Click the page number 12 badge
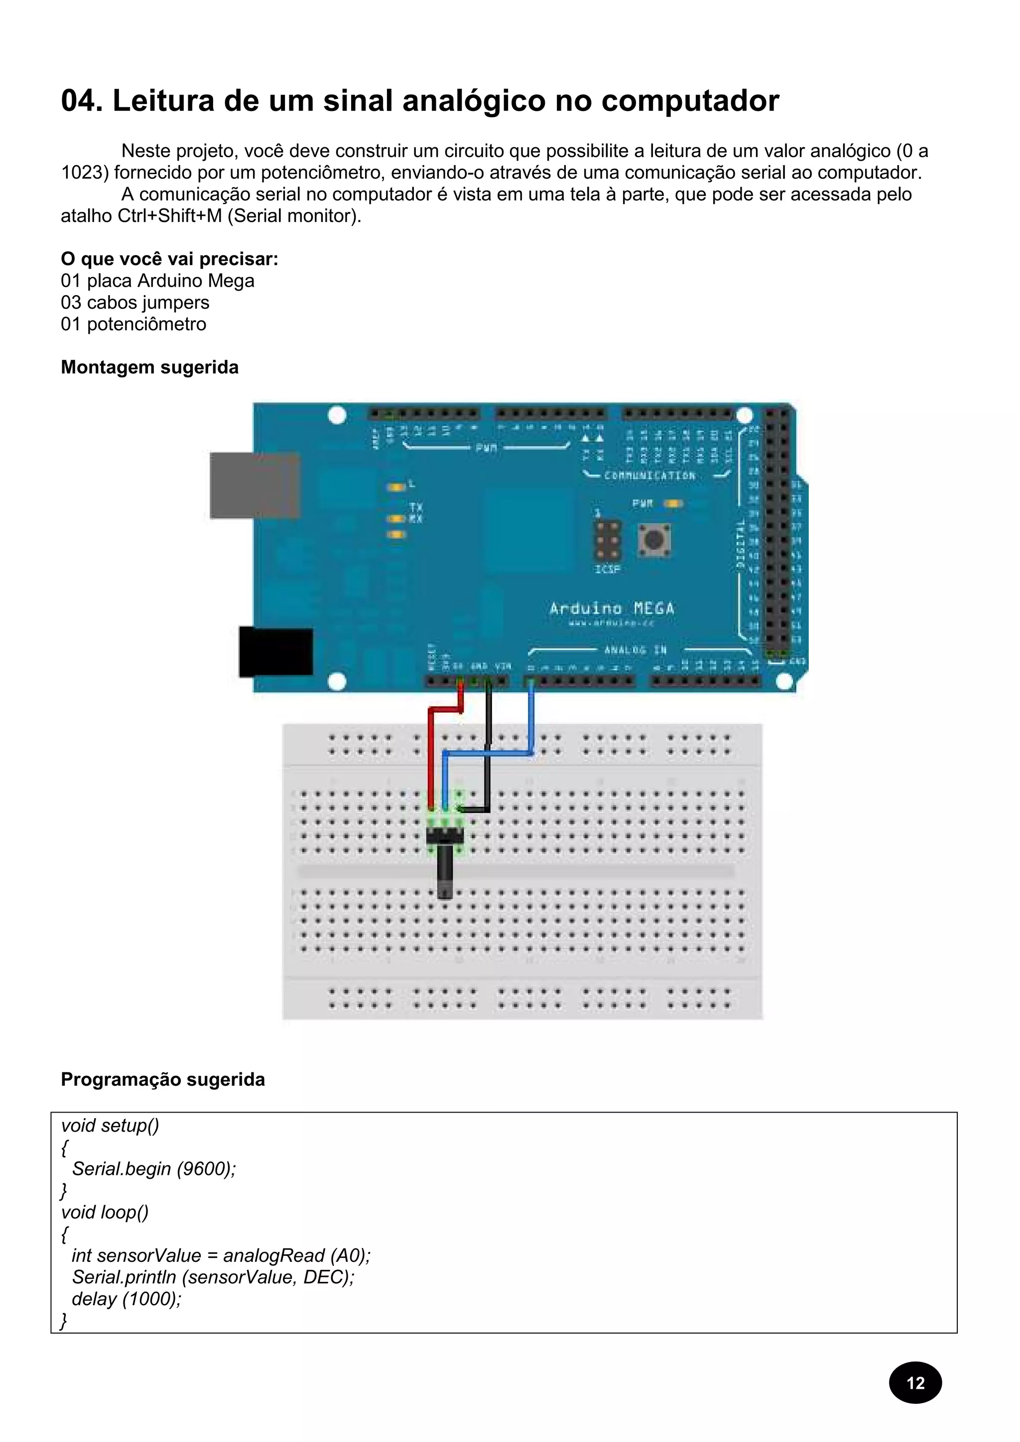coord(914,1382)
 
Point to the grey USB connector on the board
coord(254,486)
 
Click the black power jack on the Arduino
coord(276,651)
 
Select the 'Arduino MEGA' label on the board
coord(612,608)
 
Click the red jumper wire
coord(430,754)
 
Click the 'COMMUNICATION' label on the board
coord(649,475)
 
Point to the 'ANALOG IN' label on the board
coord(635,649)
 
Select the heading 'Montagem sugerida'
coord(149,367)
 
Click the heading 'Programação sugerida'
coord(163,1079)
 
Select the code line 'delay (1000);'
coord(127,1298)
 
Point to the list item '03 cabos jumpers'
coord(135,303)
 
